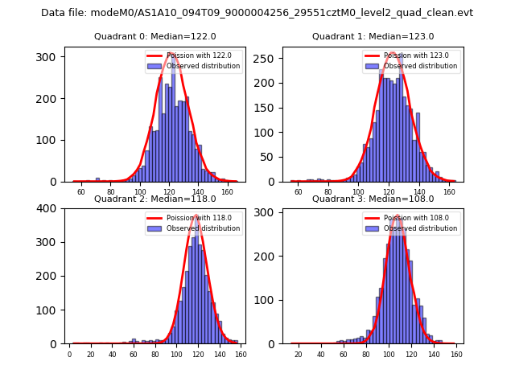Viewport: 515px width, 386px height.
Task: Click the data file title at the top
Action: [x=257, y=13]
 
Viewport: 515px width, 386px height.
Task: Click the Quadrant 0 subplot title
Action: [x=154, y=36]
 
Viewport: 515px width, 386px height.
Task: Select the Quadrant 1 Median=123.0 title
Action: [x=373, y=36]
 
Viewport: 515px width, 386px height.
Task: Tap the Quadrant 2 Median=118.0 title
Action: [x=154, y=199]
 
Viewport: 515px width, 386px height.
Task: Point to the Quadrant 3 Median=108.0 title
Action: [x=373, y=199]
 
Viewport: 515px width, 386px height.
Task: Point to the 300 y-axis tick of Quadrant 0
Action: [x=47, y=56]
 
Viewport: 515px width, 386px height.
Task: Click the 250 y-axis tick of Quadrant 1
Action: [x=266, y=59]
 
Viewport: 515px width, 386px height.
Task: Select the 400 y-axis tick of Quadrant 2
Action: [x=47, y=208]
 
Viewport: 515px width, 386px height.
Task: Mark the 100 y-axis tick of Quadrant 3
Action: [x=266, y=300]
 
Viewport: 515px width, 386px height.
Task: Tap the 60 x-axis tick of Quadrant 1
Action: [x=299, y=192]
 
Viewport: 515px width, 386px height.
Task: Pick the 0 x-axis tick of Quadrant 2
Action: [x=69, y=355]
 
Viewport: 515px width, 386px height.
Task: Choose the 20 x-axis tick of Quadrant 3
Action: [x=299, y=355]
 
